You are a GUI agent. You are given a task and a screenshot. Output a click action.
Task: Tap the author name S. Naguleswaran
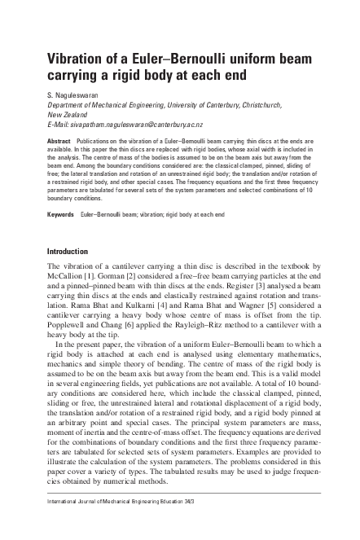(77, 96)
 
